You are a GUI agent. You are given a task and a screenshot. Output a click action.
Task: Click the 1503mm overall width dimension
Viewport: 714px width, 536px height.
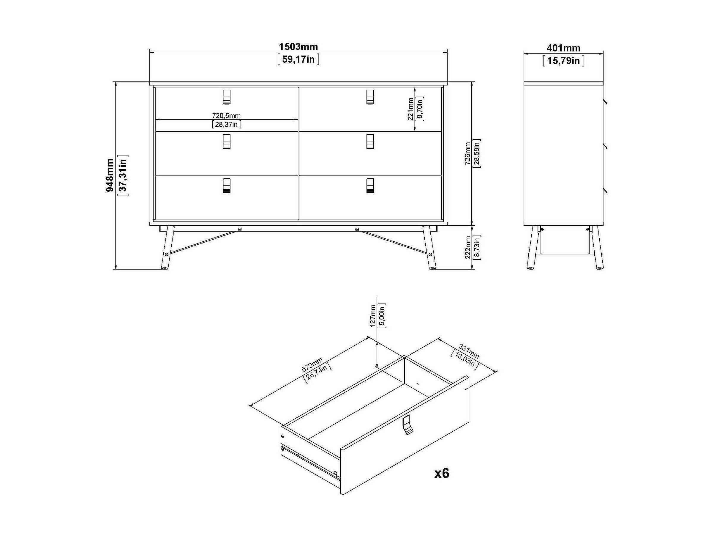pos(298,47)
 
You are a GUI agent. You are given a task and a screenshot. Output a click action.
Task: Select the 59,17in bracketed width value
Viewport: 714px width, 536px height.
pos(298,59)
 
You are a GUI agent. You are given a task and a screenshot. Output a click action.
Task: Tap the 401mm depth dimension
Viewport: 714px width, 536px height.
pos(563,48)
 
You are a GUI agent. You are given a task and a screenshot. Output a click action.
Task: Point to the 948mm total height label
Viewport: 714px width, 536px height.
pos(110,175)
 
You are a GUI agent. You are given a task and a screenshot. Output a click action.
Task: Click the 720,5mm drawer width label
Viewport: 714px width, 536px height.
pos(226,115)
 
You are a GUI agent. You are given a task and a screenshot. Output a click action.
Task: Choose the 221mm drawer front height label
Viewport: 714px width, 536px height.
pos(410,109)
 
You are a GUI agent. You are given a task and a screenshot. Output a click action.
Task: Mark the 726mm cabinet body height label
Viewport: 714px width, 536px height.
pos(467,153)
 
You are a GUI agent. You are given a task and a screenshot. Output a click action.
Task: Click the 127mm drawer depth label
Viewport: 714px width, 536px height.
pos(373,316)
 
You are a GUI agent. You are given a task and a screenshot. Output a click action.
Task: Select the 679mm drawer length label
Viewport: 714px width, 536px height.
pos(312,364)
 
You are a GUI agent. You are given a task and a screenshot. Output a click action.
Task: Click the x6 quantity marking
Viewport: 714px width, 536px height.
pos(442,474)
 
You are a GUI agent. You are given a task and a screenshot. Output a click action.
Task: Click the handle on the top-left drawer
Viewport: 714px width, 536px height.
pos(227,97)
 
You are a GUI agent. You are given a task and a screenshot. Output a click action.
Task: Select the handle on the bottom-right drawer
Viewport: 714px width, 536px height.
pos(370,186)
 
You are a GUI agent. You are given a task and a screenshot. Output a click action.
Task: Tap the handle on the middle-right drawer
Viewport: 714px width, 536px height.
pos(370,141)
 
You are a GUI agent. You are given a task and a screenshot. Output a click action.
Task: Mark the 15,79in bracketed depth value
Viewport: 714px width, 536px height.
pos(563,61)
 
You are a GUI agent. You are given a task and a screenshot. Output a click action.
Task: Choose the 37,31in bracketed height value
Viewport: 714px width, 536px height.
pos(123,175)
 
